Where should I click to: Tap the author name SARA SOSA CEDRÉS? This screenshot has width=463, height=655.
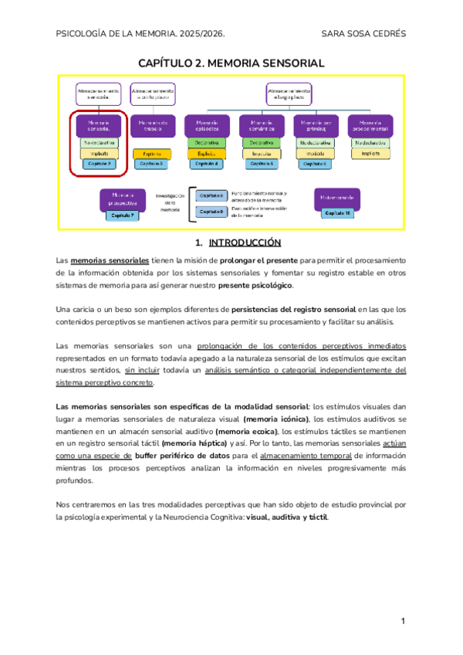(x=363, y=34)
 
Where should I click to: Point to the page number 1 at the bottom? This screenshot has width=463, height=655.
(x=403, y=621)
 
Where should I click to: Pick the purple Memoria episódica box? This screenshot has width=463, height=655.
(x=207, y=126)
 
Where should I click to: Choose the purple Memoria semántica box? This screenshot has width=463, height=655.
(x=262, y=126)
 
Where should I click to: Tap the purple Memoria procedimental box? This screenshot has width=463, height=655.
(x=370, y=126)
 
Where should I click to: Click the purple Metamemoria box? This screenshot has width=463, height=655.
(x=336, y=199)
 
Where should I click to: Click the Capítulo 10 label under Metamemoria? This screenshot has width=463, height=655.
(x=336, y=212)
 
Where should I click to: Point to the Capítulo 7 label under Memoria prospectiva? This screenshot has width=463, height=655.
(x=122, y=215)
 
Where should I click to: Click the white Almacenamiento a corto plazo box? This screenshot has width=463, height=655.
(x=151, y=93)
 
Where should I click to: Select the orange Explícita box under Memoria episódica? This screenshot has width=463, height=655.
(x=207, y=154)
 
